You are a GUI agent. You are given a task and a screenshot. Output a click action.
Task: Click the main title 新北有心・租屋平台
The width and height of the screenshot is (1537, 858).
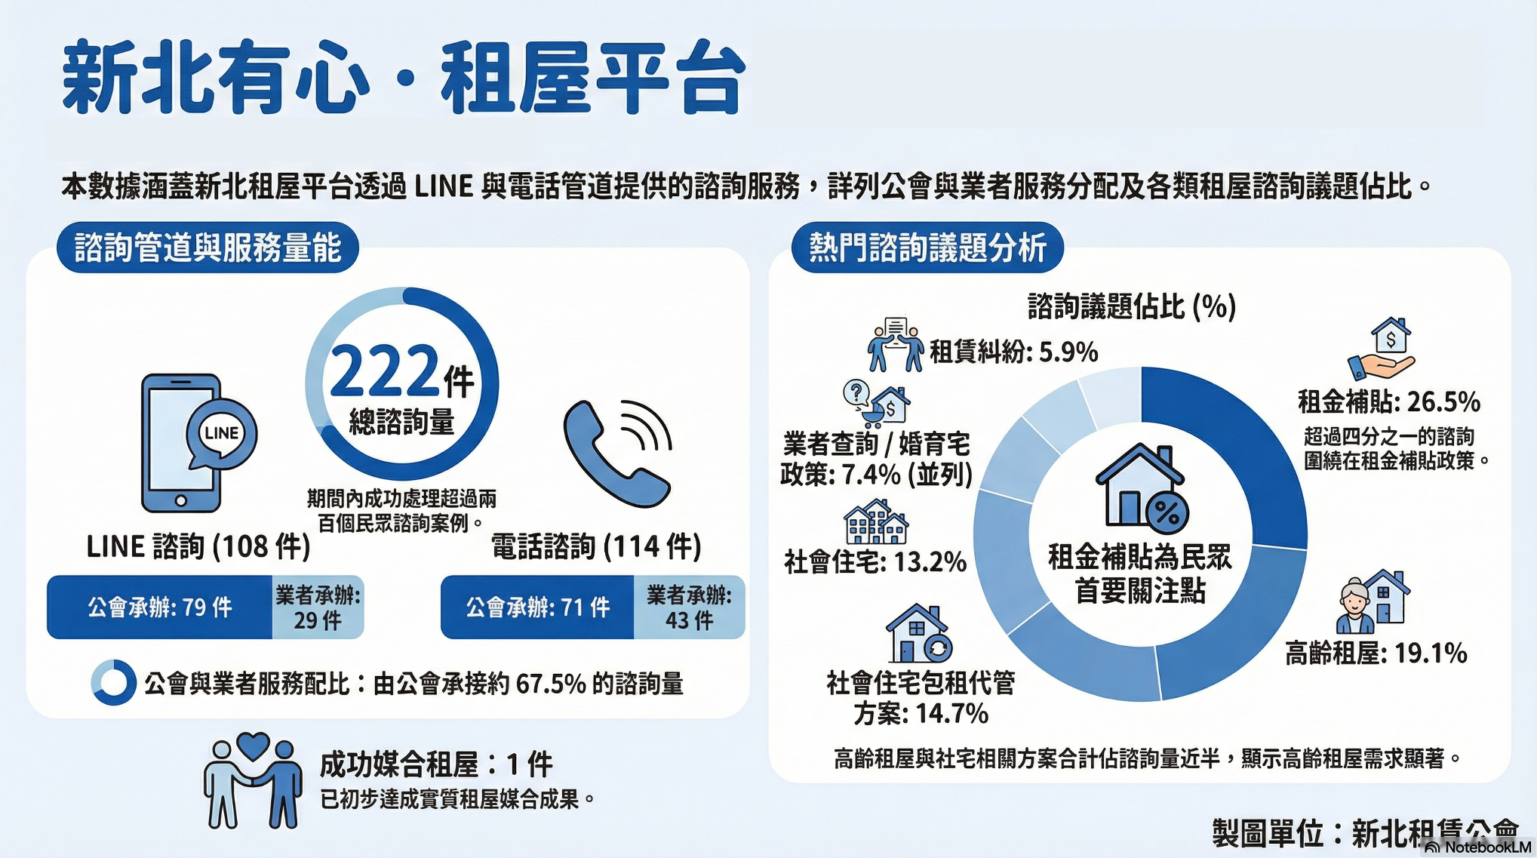404,78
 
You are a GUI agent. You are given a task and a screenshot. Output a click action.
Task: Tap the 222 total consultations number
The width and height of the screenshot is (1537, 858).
385,371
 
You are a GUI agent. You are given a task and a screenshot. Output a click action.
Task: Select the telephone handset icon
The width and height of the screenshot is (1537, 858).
617,453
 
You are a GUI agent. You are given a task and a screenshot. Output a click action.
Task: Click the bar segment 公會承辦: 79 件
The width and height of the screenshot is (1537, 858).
159,607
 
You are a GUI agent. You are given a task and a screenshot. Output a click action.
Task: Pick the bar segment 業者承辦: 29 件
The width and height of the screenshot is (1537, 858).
318,607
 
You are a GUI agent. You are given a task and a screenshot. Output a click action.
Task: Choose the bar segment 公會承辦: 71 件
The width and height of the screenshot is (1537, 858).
537,607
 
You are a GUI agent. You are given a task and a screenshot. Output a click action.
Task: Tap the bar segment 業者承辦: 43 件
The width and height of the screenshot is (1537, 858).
689,607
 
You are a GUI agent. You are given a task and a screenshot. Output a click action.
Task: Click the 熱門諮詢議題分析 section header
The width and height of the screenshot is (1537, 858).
927,248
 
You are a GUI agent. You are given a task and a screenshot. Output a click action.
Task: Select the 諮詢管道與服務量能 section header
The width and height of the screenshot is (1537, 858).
207,248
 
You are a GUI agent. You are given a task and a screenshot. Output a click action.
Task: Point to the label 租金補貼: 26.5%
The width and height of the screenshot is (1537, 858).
1389,401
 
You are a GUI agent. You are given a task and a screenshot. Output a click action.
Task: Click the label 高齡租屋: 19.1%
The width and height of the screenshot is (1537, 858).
1376,653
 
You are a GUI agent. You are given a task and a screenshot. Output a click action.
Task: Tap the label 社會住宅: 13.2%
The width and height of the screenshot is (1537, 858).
875,562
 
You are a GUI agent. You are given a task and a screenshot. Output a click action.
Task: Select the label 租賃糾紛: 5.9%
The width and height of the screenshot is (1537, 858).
1013,352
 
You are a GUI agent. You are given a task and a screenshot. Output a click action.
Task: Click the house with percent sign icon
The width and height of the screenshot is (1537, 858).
1142,487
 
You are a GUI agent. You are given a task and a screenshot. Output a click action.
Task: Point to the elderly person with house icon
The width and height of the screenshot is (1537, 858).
1373,601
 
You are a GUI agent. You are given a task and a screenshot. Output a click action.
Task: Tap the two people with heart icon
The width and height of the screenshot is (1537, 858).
253,780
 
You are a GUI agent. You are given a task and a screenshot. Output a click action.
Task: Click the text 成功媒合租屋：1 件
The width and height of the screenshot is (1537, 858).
436,764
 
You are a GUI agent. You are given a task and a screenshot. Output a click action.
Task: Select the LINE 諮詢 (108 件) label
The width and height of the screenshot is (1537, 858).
198,546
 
